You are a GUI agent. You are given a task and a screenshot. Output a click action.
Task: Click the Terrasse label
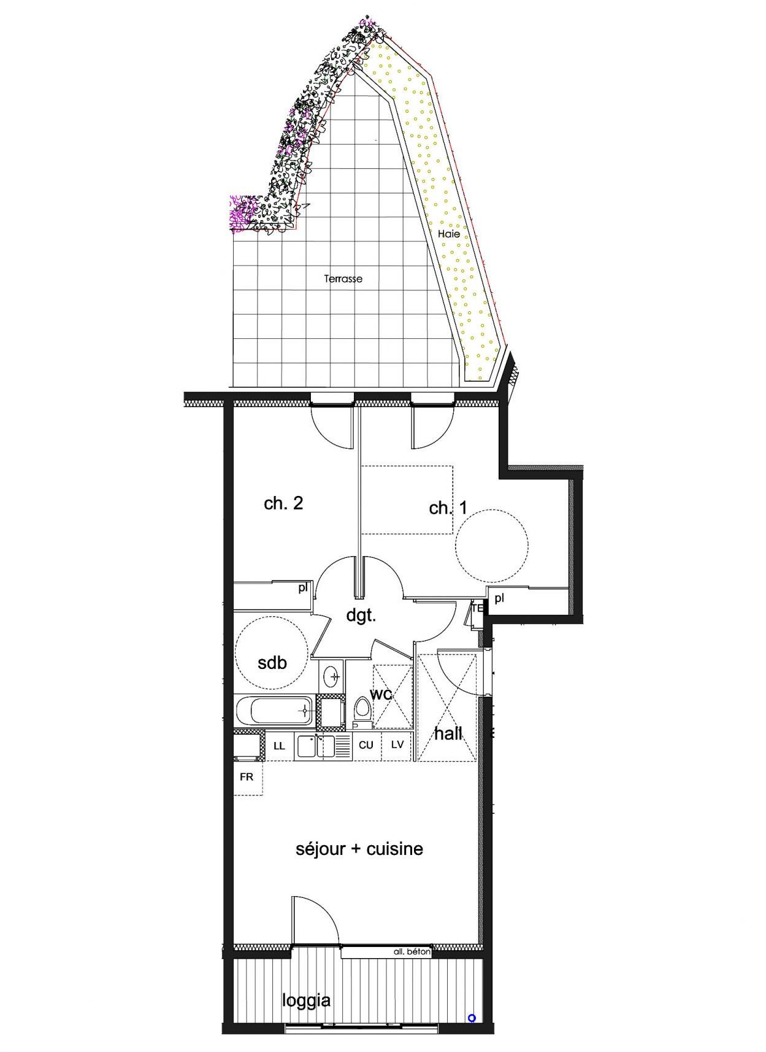click(x=343, y=279)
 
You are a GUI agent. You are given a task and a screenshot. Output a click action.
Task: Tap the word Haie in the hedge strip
click(x=449, y=233)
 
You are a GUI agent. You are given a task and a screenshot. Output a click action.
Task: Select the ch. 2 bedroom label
click(x=283, y=503)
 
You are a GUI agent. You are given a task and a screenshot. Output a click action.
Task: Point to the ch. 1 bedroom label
click(x=448, y=508)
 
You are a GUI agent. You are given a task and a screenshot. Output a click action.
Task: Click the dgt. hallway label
click(x=361, y=616)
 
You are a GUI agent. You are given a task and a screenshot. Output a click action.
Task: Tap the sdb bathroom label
click(x=272, y=663)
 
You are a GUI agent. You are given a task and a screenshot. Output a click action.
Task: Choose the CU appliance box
click(x=366, y=745)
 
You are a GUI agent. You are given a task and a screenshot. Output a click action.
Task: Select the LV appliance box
click(x=397, y=745)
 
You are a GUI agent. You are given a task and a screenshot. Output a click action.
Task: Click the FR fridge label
click(x=247, y=777)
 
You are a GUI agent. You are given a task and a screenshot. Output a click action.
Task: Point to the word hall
click(x=448, y=733)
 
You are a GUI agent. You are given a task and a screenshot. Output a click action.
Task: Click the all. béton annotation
click(x=412, y=953)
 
